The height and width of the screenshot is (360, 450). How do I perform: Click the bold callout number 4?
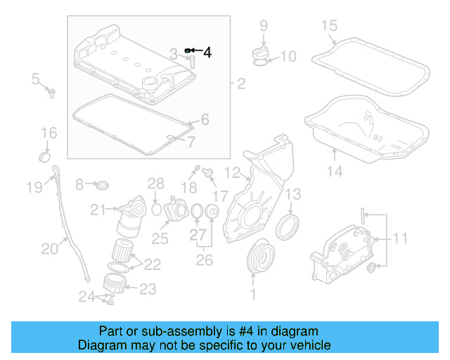(x=207, y=51)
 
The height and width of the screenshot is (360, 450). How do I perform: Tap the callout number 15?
(x=330, y=26)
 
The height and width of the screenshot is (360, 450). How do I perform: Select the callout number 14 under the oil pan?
(x=334, y=171)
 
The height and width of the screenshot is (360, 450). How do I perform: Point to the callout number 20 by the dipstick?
(x=49, y=247)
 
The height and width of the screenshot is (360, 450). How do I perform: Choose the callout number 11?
(x=399, y=238)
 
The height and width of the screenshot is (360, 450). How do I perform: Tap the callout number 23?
(x=148, y=288)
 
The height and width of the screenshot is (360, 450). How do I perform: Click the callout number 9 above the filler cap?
(x=264, y=26)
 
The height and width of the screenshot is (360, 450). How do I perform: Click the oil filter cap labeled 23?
(x=114, y=283)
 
